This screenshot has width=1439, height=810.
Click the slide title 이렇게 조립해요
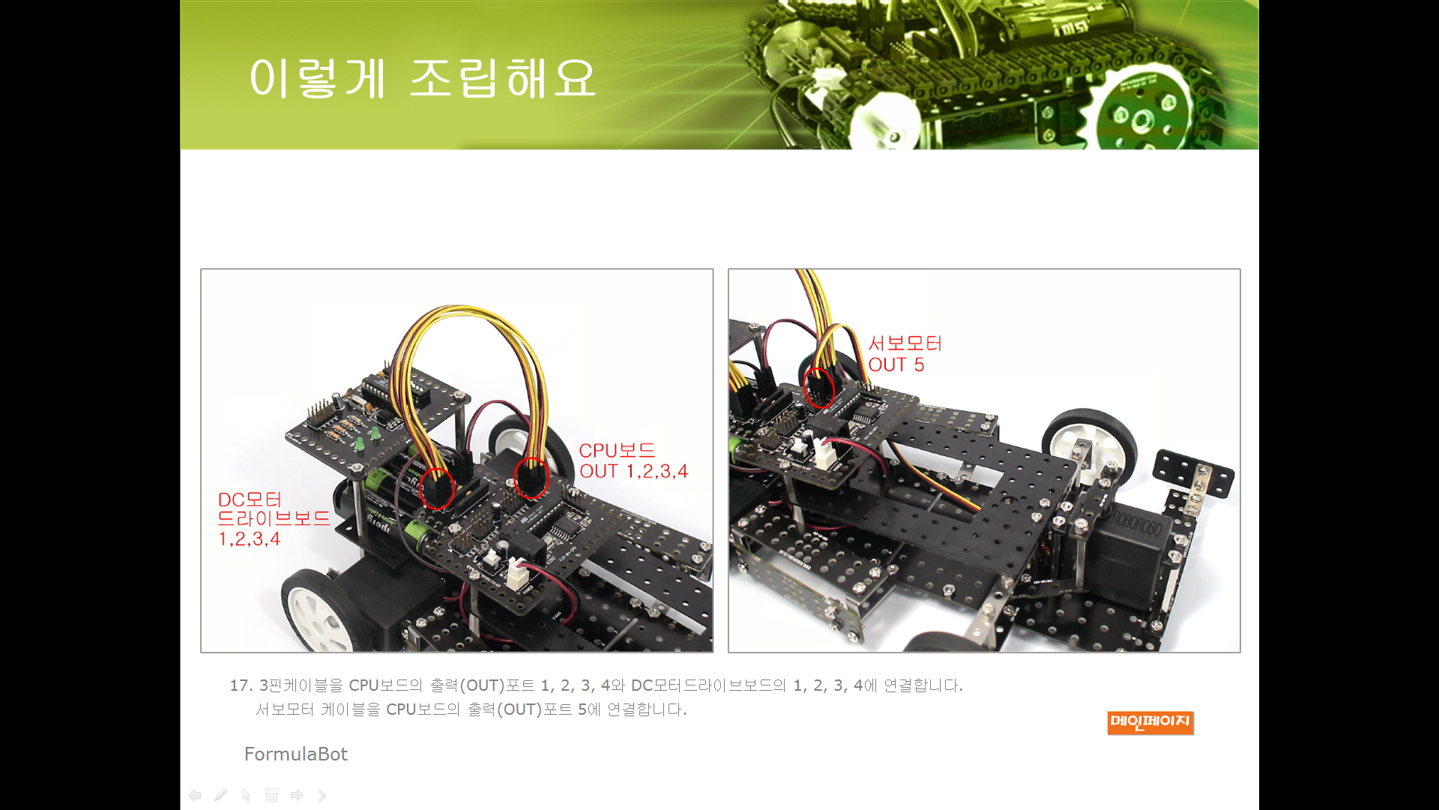423,78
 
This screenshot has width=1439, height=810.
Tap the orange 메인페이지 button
1150,722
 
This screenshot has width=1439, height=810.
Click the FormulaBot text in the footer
296,754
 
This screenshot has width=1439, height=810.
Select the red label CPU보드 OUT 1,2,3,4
633,460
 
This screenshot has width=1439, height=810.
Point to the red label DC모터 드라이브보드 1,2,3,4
274,519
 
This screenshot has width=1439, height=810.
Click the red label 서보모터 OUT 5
905,354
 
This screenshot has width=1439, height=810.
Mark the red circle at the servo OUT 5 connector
818,388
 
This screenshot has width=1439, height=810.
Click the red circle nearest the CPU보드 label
531,478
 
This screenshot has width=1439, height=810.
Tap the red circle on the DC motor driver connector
437,488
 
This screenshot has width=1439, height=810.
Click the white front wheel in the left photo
319,611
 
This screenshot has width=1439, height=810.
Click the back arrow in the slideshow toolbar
195,795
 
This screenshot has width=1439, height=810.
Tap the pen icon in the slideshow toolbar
220,795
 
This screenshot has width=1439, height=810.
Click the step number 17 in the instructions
240,685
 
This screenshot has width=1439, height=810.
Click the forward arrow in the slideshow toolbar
297,795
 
